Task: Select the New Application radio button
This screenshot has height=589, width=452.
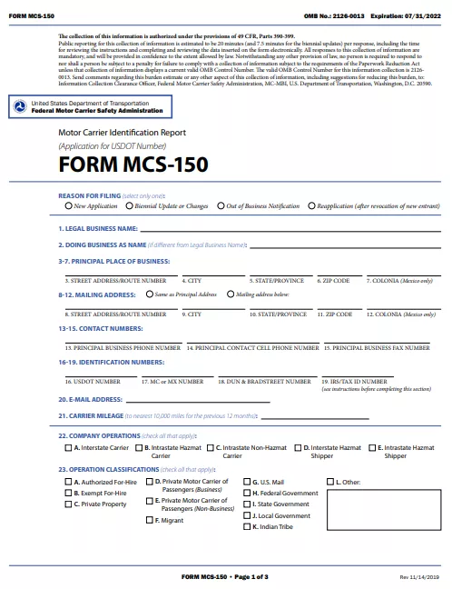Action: (x=69, y=206)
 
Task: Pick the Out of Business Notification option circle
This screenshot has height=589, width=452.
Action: (x=221, y=206)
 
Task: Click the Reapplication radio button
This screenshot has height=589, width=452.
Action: (x=312, y=206)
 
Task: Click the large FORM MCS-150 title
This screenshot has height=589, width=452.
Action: (x=133, y=165)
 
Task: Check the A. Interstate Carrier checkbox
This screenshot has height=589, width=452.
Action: (x=69, y=448)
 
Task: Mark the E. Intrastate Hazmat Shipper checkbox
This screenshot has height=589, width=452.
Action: (x=374, y=448)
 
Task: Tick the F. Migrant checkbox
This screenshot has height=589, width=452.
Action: (x=149, y=520)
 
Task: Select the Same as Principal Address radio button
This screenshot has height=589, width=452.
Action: (x=150, y=295)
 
